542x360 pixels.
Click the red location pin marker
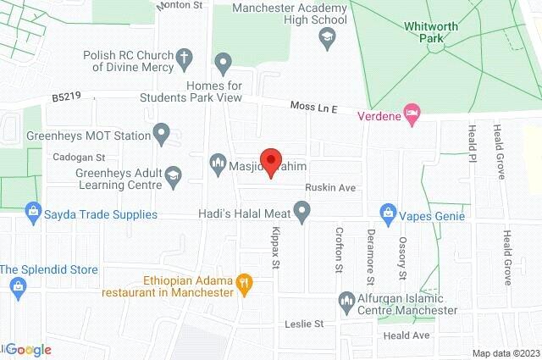[x=270, y=162]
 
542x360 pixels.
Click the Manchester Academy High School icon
[x=326, y=36]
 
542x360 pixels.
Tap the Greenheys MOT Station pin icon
[x=162, y=133]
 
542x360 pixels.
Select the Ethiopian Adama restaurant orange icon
[x=243, y=285]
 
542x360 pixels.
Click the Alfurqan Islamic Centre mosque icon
[x=346, y=300]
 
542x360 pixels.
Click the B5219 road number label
[x=67, y=97]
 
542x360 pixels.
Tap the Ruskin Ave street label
[x=326, y=188]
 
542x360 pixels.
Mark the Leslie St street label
[x=307, y=324]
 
